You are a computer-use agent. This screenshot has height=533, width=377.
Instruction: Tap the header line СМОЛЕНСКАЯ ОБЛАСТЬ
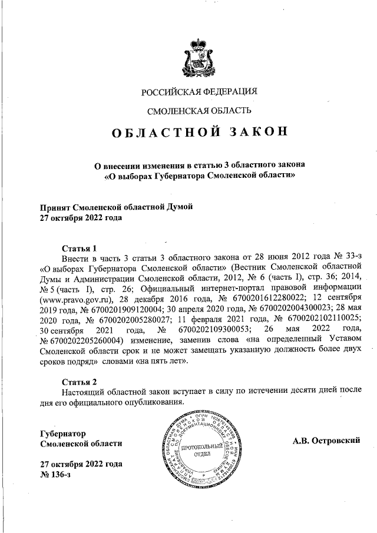(x=199, y=110)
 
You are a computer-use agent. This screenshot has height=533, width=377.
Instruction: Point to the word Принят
(x=55, y=207)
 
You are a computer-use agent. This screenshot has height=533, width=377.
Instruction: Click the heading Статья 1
(x=79, y=248)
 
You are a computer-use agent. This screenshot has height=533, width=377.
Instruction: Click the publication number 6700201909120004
(x=120, y=308)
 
